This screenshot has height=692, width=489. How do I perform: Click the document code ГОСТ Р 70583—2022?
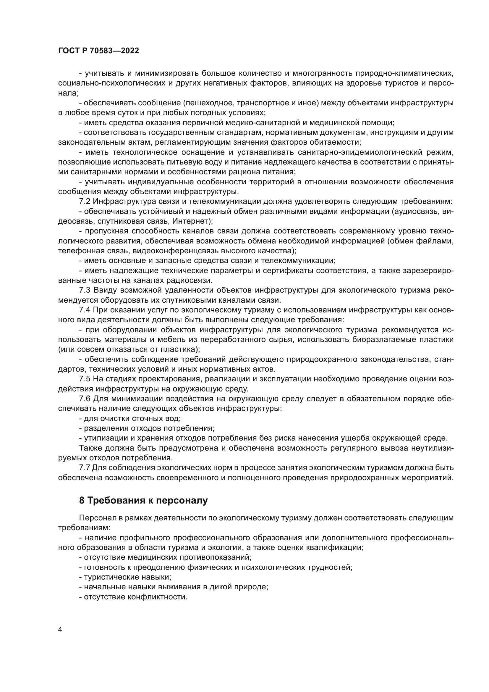pos(98,51)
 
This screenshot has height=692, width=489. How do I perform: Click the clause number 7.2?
pos(85,201)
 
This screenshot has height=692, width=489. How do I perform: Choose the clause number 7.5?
pos(85,379)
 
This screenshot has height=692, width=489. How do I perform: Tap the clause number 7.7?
pos(85,468)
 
